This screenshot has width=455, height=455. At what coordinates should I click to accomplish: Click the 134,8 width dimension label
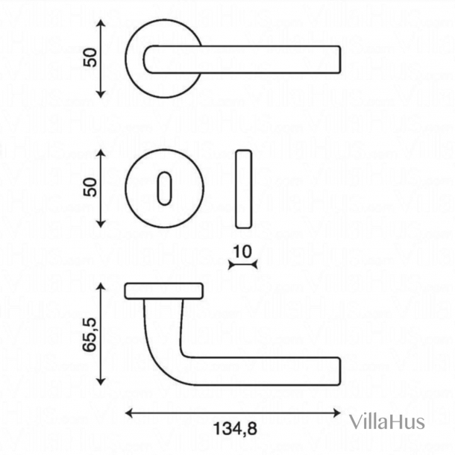(235, 429)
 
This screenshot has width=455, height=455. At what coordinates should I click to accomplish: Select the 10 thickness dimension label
(242, 251)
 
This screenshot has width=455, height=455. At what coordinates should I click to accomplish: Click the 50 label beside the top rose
(90, 57)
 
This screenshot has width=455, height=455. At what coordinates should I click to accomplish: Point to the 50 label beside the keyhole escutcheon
(90, 187)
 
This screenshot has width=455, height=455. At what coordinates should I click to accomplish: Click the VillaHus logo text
(387, 421)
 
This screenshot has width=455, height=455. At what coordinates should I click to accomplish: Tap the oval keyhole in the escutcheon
(165, 189)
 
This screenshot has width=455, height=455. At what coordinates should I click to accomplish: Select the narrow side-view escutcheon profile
(243, 189)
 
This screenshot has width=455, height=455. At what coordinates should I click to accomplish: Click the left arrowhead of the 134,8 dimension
(128, 413)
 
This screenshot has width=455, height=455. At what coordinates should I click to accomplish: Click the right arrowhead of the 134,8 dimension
(337, 413)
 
